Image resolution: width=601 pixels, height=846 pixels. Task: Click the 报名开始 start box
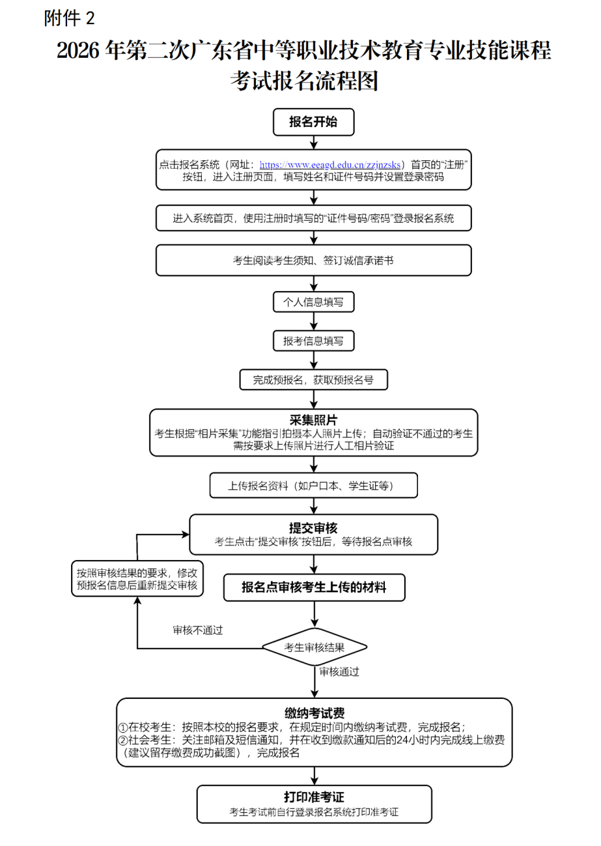(x=313, y=122)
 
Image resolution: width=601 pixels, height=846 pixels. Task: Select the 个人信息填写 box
(x=313, y=302)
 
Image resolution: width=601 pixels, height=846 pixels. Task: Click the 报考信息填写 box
(x=313, y=341)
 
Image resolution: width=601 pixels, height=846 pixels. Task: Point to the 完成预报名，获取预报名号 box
(x=313, y=380)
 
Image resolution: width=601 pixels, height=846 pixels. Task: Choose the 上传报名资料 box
(x=313, y=485)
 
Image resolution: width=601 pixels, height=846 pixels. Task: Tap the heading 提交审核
(x=313, y=527)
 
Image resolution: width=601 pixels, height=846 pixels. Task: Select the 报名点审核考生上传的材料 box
(x=313, y=587)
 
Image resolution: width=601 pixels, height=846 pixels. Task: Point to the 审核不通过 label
(x=197, y=630)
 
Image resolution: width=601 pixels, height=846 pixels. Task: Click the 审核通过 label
(x=339, y=671)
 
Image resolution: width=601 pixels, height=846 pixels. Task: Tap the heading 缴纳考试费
(x=314, y=712)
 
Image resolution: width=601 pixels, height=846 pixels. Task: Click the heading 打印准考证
(x=313, y=797)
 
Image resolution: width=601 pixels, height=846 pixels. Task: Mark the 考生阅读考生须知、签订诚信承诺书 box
(x=313, y=261)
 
